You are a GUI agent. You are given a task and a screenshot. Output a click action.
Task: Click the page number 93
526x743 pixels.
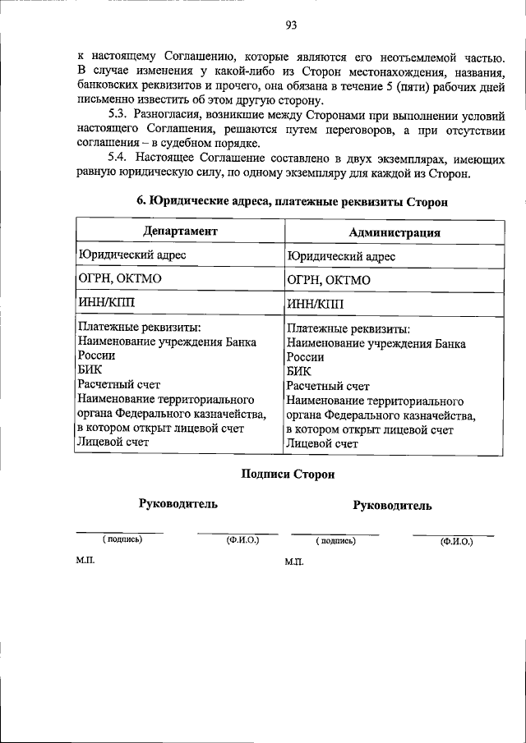(290, 25)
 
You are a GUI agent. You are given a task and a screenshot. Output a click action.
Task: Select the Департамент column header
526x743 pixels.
(180, 232)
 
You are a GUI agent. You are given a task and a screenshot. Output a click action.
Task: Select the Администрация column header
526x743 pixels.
(394, 232)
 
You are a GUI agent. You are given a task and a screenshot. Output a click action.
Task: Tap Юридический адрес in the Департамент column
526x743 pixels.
(131, 255)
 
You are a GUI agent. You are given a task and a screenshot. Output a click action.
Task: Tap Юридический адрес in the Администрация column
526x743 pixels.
(341, 256)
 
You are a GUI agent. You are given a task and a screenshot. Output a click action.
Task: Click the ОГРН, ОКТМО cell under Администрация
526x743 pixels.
(329, 280)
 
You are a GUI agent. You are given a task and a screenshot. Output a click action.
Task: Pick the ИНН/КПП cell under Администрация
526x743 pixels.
(315, 305)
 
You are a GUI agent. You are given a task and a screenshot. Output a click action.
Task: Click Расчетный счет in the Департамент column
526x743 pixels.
(118, 384)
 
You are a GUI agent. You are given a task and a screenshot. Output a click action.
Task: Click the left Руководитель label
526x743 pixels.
(178, 503)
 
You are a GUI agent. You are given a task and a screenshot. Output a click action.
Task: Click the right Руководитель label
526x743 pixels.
(392, 506)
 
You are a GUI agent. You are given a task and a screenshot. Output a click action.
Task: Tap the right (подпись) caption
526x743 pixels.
(336, 541)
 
